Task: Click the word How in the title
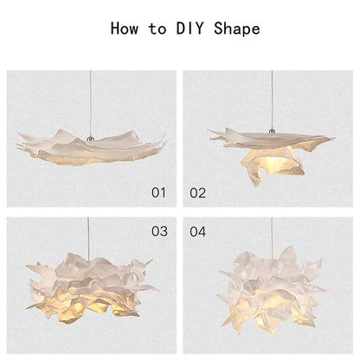[x=128, y=28]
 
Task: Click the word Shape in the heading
[x=236, y=28]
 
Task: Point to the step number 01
[x=158, y=192]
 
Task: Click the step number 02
[x=198, y=192]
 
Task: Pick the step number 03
[x=158, y=231]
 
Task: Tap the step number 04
[x=198, y=231]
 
